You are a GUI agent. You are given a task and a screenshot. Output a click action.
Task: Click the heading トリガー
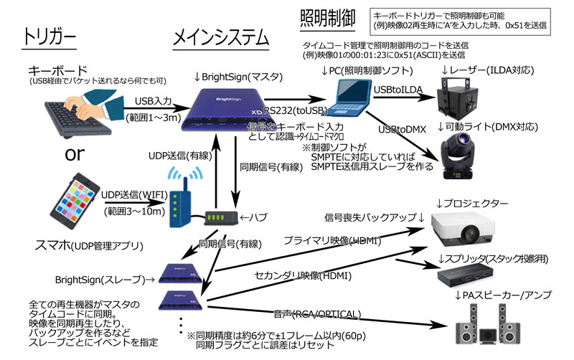(48, 37)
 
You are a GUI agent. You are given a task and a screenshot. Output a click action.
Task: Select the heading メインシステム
(221, 37)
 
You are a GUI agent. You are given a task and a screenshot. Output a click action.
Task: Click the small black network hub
(220, 216)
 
